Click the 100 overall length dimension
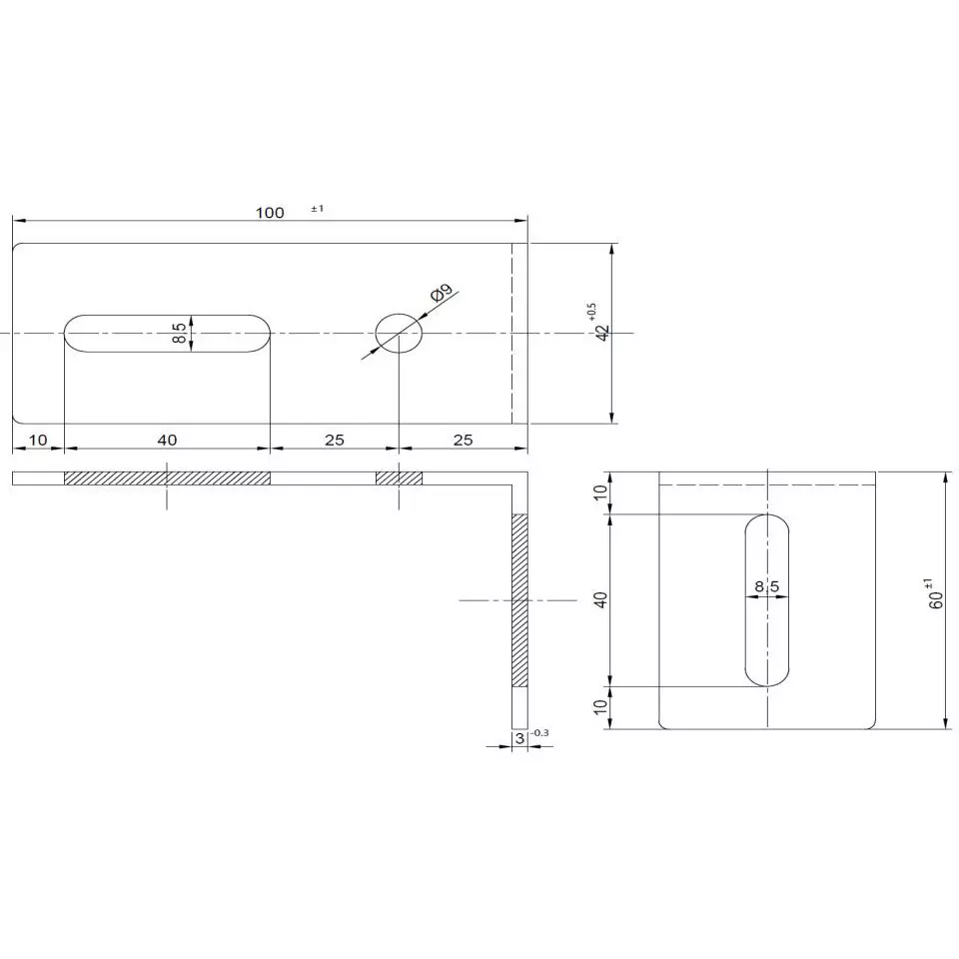tap(270, 212)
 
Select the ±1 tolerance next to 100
tap(318, 209)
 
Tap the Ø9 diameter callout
tap(442, 293)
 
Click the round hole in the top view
tap(399, 332)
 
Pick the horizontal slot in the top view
tap(167, 332)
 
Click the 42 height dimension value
tap(601, 333)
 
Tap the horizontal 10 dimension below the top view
tap(38, 440)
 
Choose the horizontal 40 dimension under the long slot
tap(167, 440)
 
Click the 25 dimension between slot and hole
tap(334, 440)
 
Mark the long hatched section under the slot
tap(167, 478)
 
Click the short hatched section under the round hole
tap(399, 478)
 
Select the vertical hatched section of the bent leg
tap(518, 600)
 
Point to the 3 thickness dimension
tap(518, 738)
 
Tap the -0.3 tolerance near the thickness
tap(540, 733)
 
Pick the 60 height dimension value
tap(936, 599)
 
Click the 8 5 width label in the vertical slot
tap(767, 587)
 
